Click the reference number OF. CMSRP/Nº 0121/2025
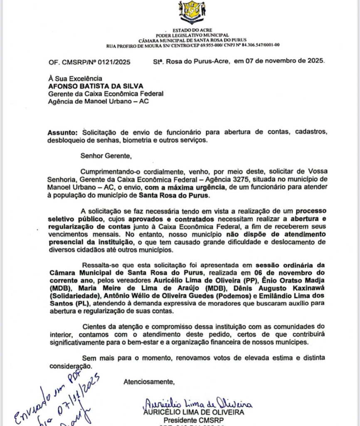click(x=89, y=62)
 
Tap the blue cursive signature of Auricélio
click(x=197, y=403)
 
